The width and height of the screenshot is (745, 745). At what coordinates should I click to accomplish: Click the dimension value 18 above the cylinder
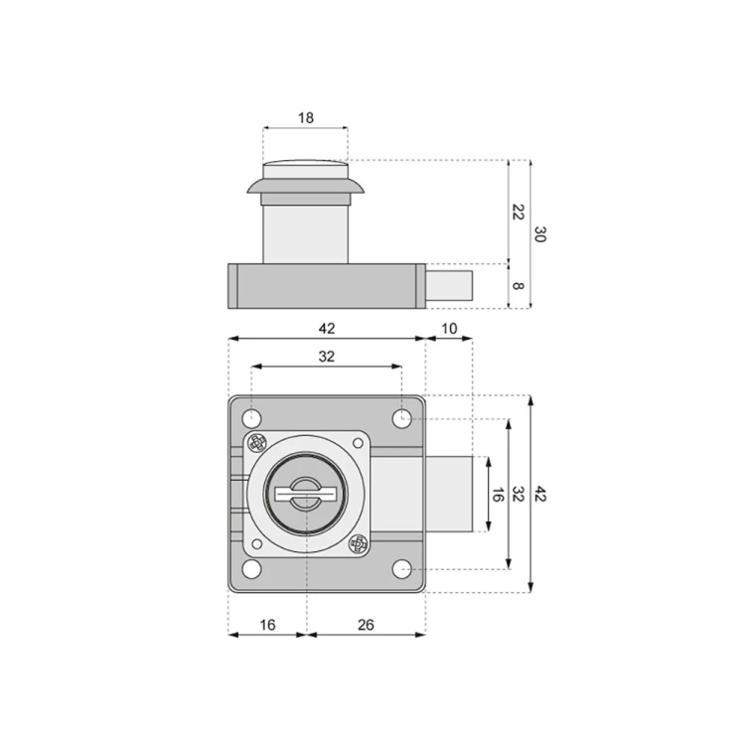click(x=305, y=117)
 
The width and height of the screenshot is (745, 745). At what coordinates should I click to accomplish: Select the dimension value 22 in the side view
click(x=518, y=211)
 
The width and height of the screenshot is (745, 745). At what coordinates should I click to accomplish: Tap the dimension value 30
click(x=539, y=234)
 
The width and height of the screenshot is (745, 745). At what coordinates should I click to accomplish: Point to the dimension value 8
click(x=518, y=286)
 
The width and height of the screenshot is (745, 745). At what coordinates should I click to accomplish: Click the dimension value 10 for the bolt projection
click(x=449, y=329)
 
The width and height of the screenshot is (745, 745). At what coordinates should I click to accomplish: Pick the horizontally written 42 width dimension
click(x=326, y=329)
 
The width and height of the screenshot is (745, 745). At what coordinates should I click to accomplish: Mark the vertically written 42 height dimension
click(x=539, y=494)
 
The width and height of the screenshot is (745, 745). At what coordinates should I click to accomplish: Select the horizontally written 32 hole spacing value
click(x=326, y=356)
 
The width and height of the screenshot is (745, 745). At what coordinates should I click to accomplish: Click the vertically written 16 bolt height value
click(x=496, y=495)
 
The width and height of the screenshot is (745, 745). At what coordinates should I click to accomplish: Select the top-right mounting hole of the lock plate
click(x=401, y=419)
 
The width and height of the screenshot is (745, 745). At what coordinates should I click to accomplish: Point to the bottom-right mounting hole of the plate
click(x=401, y=568)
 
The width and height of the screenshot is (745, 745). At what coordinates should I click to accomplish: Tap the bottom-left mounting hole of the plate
click(x=252, y=568)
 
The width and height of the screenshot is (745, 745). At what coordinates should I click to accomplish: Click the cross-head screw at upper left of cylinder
click(x=257, y=443)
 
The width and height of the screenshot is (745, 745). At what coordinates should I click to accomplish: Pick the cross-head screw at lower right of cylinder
click(x=358, y=543)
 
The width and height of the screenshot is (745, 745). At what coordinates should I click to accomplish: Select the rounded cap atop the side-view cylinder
click(x=306, y=169)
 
